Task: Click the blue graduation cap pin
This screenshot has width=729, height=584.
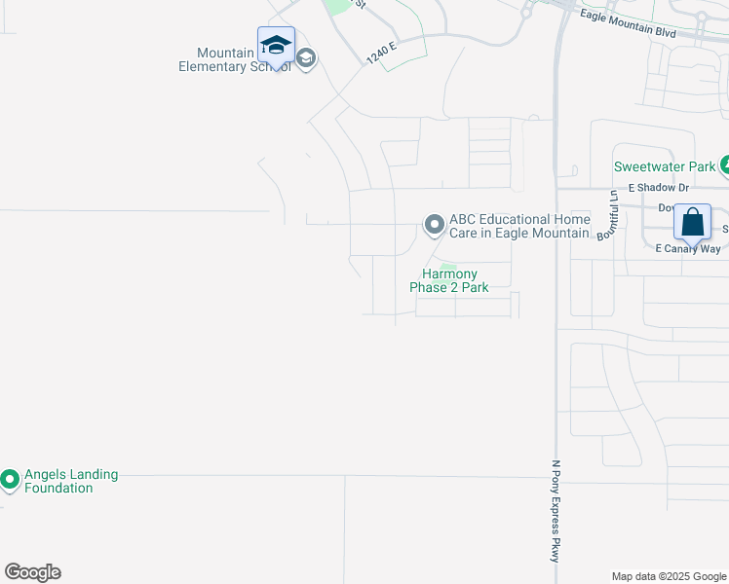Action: point(276,46)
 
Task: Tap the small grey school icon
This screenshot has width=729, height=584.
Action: point(305,59)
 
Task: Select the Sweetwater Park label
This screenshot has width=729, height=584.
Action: point(665,166)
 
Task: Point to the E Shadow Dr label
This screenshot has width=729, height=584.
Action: point(658,187)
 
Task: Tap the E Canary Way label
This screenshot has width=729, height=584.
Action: point(687,249)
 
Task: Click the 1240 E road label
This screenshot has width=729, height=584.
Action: point(383,52)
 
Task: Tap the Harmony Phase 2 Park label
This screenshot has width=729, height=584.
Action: point(448,281)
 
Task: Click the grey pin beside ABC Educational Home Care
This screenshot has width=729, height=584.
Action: point(434,226)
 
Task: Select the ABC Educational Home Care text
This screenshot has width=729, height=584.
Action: point(519,226)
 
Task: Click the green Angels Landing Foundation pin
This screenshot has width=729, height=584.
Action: point(10,479)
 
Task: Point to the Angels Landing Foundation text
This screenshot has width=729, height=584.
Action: point(72,481)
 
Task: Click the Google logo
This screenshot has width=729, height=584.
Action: point(32,572)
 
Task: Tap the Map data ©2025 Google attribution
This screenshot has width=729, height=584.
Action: point(669,576)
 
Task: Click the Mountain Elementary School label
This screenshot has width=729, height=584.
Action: point(234,59)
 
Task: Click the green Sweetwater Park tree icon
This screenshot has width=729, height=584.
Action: point(726,165)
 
